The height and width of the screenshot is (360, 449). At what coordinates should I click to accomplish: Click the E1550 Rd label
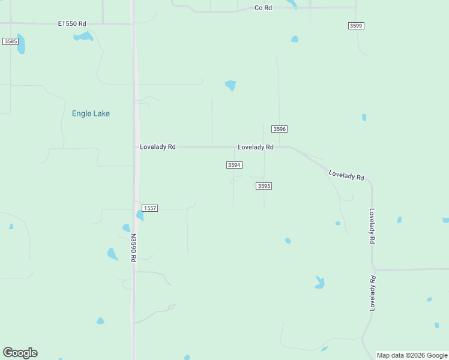72,23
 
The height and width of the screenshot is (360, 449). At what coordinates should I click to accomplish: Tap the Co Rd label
263,8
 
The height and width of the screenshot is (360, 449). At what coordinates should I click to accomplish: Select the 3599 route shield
356,26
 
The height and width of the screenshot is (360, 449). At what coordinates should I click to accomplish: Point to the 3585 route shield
10,41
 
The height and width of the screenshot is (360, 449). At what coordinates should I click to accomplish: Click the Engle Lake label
91,113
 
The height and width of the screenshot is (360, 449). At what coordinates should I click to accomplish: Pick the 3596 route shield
279,129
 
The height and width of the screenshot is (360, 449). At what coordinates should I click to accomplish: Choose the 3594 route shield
234,165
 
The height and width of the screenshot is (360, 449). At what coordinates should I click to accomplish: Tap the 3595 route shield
264,186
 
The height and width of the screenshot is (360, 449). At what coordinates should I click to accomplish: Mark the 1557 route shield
150,208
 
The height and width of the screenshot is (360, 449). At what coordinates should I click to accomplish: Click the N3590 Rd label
133,247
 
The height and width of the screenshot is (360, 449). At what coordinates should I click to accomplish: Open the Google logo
20,353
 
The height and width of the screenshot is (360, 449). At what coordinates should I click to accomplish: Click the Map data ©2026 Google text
412,355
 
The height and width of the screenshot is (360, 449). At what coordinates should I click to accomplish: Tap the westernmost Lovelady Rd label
157,146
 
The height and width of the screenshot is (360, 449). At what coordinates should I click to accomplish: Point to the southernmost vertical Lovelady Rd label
373,293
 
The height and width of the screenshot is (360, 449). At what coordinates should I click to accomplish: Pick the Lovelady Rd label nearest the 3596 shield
256,146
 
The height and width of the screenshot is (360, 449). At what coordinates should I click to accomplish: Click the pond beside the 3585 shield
22,44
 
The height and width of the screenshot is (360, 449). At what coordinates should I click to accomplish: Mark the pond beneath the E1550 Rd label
83,37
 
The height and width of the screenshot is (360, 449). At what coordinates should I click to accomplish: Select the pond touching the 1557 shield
139,215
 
